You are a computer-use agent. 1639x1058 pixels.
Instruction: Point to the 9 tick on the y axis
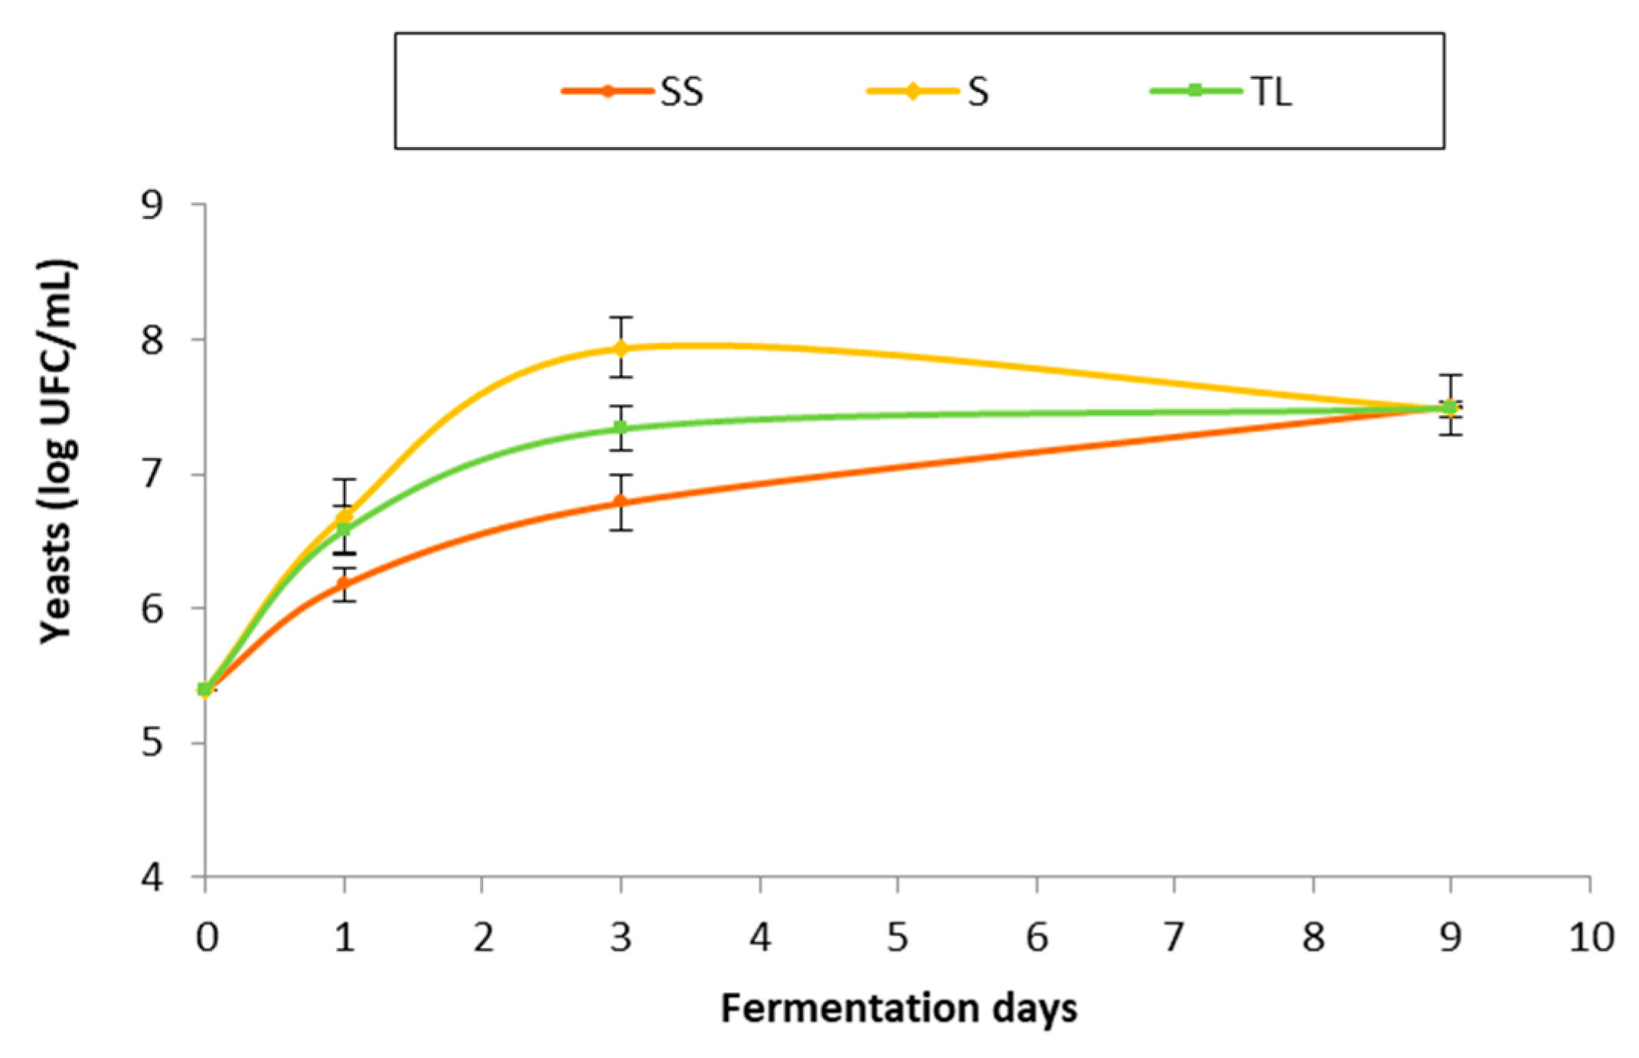point(152,205)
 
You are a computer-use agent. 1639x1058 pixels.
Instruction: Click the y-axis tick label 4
point(152,877)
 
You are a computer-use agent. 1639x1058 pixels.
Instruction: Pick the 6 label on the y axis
point(152,609)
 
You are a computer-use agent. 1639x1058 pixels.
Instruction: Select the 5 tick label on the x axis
point(898,938)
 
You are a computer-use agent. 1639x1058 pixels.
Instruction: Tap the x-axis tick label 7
point(1174,938)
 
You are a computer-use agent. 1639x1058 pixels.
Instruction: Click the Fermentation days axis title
point(899,1008)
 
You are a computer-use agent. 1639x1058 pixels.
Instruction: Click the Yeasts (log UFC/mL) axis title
point(57,452)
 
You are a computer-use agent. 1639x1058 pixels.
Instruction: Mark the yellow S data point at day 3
point(621,348)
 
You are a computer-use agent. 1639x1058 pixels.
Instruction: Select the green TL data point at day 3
point(621,427)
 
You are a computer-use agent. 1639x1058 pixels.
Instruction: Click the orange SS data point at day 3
point(621,502)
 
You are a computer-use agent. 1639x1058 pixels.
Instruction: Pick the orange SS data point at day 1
point(344,583)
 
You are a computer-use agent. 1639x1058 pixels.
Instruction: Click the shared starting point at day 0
point(204,690)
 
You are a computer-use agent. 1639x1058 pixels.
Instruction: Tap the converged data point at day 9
point(1449,408)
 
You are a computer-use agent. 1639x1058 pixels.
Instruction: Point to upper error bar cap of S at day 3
point(621,317)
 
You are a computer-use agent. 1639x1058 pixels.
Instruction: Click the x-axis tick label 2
point(483,938)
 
